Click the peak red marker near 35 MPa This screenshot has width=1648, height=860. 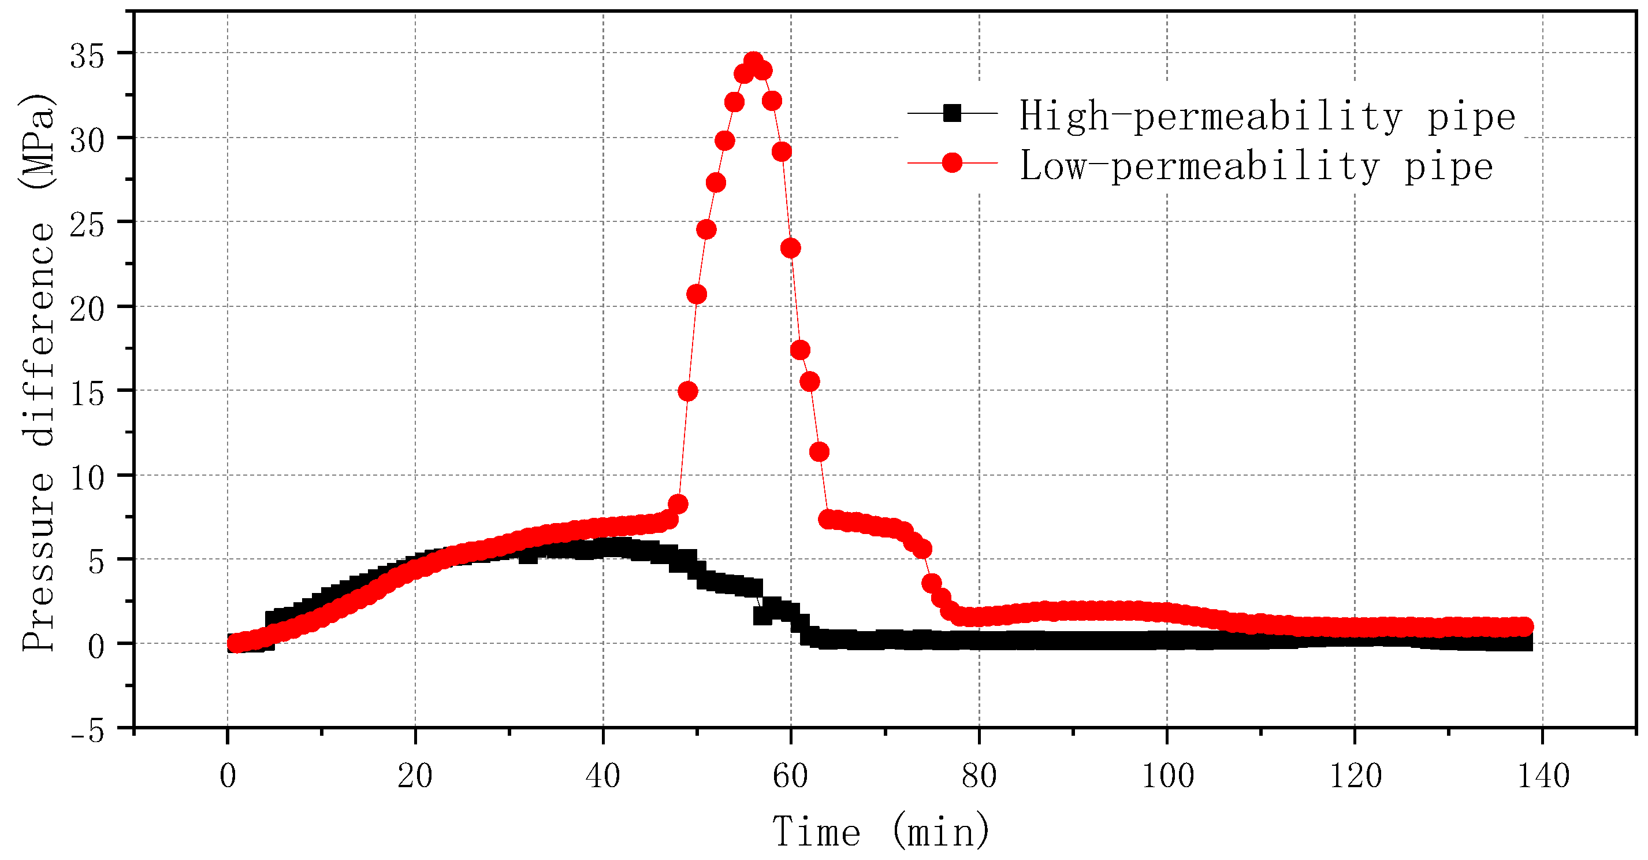(753, 61)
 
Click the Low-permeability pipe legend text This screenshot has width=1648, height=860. (1256, 166)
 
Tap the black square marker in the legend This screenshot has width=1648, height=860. (952, 113)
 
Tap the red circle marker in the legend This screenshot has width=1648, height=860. (952, 163)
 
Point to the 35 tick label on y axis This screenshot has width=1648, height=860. (87, 56)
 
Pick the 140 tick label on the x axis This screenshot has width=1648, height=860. (1543, 776)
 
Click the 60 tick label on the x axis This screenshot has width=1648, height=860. (790, 776)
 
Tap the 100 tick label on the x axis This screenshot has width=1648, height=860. (1167, 776)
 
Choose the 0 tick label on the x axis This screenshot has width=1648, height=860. (228, 776)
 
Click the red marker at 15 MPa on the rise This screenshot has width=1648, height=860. (688, 391)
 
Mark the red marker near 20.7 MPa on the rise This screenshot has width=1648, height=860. (697, 294)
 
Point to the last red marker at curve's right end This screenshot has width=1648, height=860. (1524, 626)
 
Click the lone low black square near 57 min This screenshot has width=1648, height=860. (762, 616)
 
